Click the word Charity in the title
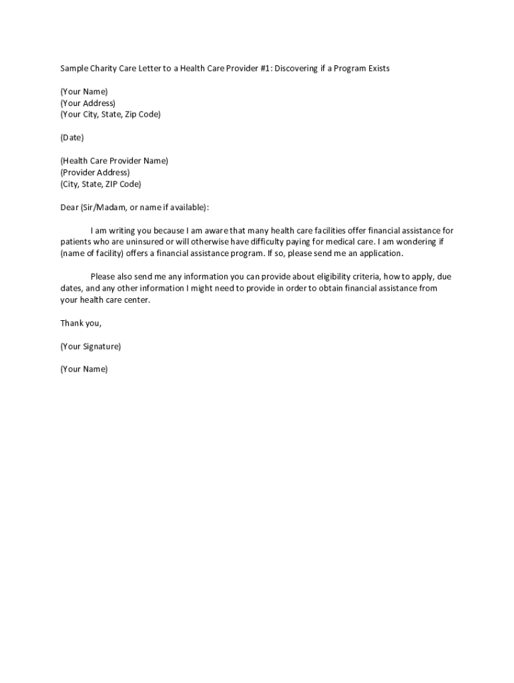point(103,69)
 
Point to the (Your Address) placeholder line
point(87,103)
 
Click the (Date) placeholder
point(72,137)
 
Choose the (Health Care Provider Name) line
point(114,161)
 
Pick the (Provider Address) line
point(95,172)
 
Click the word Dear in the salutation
point(69,207)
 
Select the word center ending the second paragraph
point(136,300)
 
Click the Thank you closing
point(81,323)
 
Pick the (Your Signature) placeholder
point(90,346)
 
